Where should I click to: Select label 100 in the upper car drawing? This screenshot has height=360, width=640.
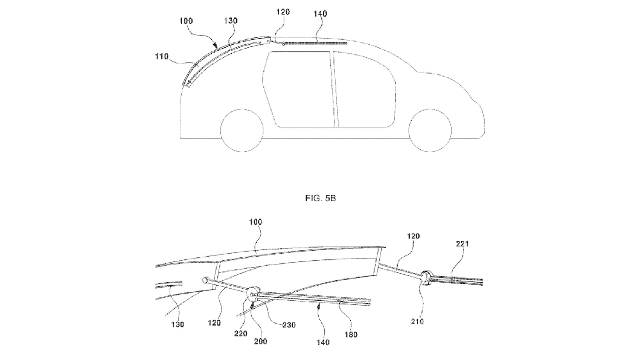[x=187, y=21]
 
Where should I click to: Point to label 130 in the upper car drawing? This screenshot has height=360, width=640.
[x=231, y=21]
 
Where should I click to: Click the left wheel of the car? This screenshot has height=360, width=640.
[x=242, y=130]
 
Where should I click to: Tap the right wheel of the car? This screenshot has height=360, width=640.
[x=430, y=130]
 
